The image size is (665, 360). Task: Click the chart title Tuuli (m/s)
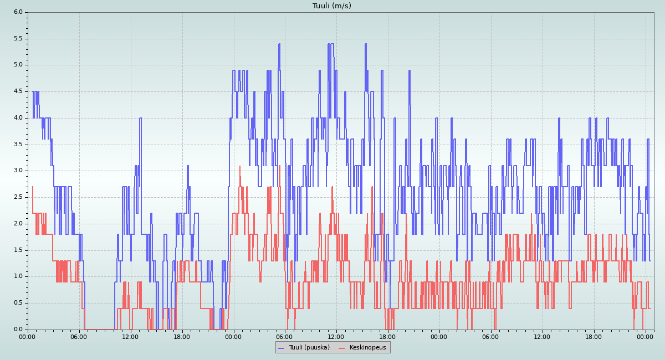(331, 6)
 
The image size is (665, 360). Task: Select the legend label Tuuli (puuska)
(309, 347)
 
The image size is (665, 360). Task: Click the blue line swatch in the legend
(282, 348)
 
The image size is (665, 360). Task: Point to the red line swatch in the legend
(342, 348)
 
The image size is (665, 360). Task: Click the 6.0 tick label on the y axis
(18, 12)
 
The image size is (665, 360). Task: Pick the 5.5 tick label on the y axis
(18, 38)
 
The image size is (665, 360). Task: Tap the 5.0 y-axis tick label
(18, 65)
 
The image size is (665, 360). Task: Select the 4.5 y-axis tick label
(18, 91)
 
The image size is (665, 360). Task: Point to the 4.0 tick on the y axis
(18, 117)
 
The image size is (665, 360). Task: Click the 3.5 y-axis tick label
(18, 144)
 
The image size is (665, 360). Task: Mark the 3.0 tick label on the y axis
(18, 171)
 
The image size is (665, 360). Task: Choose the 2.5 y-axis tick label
(18, 197)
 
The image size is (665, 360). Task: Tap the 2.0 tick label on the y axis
(18, 223)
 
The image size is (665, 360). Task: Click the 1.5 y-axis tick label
(18, 250)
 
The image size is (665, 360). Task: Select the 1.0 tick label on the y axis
(18, 276)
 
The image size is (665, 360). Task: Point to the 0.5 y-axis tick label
(18, 303)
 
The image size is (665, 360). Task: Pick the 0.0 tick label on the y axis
(18, 329)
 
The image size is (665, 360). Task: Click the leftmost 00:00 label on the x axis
(28, 336)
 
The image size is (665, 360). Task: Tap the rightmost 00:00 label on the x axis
(645, 336)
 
